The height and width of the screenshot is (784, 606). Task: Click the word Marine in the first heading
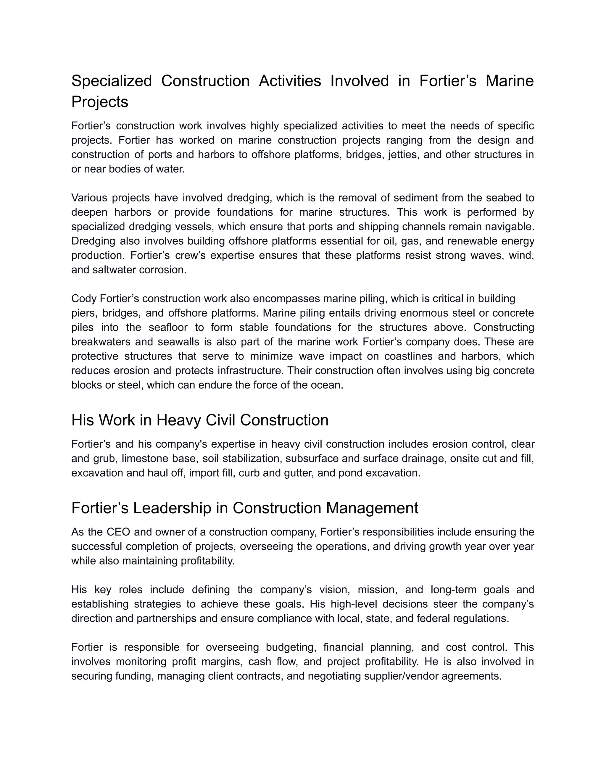[x=510, y=81]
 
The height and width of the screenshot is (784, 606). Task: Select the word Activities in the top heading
[x=290, y=81]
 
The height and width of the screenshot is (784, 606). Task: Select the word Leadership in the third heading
[x=172, y=508]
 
